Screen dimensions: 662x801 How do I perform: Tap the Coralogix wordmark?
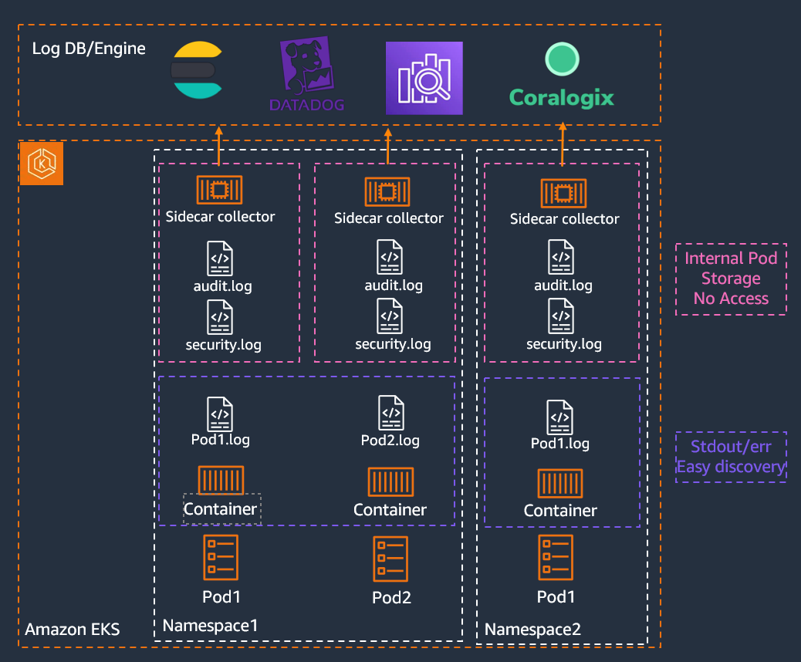(x=562, y=98)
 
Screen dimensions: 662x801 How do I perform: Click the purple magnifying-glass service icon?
(x=424, y=78)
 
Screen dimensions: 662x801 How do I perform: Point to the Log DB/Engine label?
(x=89, y=49)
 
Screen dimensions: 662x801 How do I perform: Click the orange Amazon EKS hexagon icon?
(x=41, y=164)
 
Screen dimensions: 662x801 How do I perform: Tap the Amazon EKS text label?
(x=73, y=630)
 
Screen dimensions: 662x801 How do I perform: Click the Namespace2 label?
(x=532, y=630)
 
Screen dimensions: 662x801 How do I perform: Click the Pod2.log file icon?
(x=391, y=413)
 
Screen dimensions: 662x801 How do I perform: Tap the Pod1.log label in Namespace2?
(x=560, y=443)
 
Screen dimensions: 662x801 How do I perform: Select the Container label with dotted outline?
(x=221, y=509)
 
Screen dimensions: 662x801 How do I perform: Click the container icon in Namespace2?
(x=560, y=483)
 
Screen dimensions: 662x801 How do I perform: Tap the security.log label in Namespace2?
(x=564, y=344)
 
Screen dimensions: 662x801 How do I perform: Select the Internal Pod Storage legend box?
(x=731, y=279)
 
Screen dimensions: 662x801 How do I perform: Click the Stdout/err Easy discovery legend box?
(x=731, y=457)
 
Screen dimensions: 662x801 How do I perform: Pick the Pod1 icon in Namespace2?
(x=556, y=557)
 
